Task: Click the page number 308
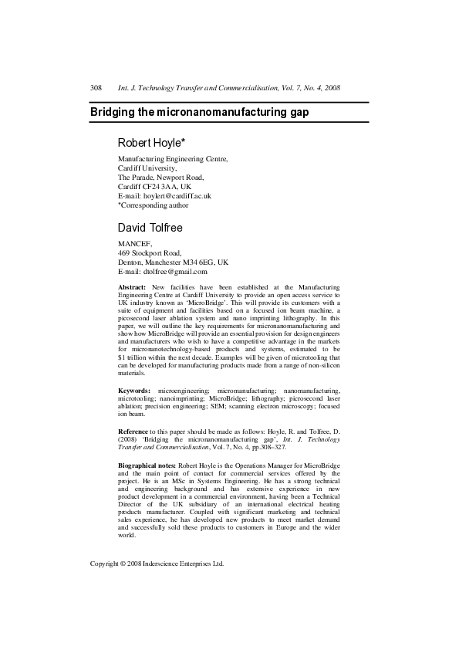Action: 96,89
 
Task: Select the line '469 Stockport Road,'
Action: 150,252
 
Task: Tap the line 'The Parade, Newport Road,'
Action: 160,177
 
